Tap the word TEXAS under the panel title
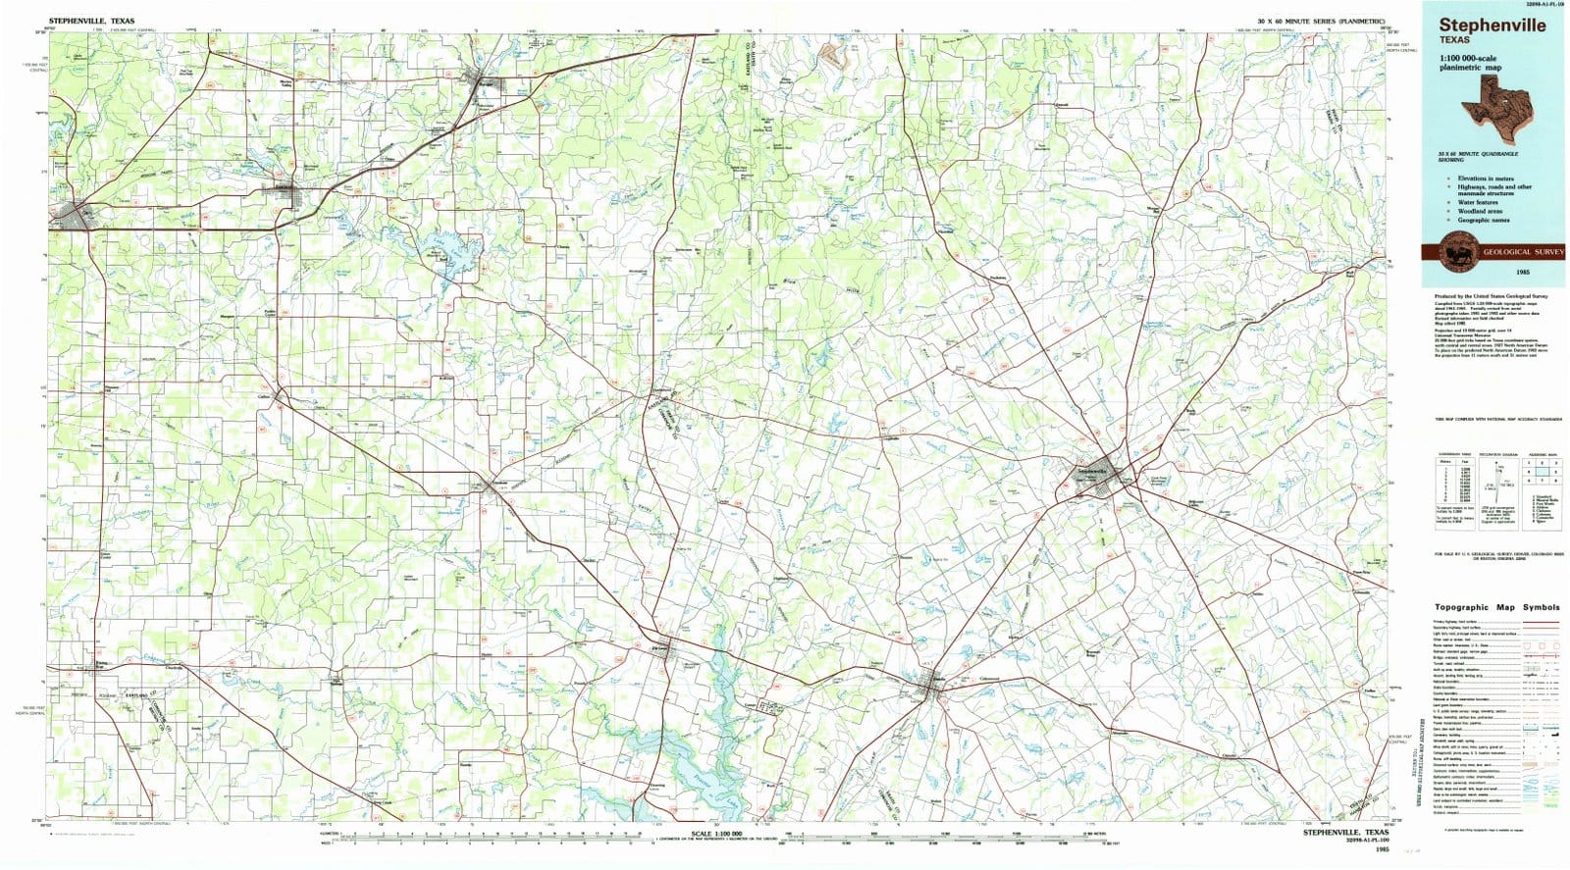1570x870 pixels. (x=1454, y=40)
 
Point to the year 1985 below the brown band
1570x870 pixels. (x=1522, y=270)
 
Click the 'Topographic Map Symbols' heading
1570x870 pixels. (x=1496, y=607)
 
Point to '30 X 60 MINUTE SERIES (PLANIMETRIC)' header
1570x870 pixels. (x=1320, y=21)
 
